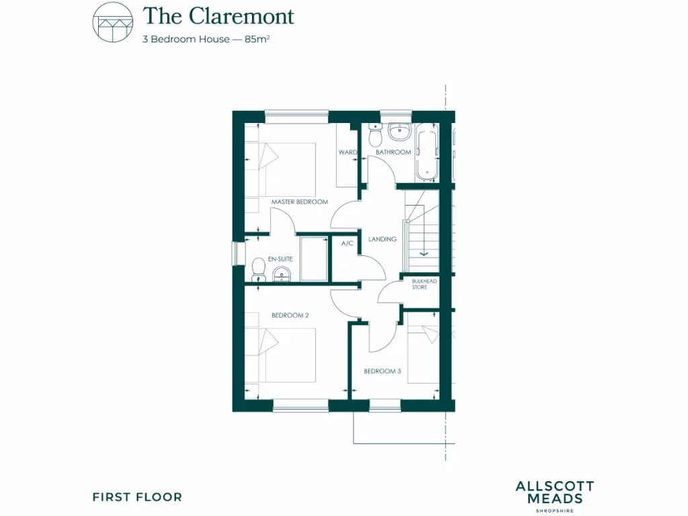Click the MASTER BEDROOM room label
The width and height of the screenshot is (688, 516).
[299, 202]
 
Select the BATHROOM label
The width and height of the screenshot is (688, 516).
[393, 153]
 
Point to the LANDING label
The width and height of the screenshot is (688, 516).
[382, 239]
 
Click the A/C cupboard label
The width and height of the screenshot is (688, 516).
[347, 243]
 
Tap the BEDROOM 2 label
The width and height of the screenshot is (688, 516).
[290, 314]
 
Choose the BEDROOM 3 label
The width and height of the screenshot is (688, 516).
[382, 370]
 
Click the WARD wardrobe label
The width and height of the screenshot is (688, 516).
[347, 153]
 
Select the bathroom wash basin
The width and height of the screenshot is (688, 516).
[399, 131]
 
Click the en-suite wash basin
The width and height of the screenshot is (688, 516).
[282, 273]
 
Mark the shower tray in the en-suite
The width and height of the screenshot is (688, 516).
[314, 258]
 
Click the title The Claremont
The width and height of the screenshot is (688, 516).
[218, 15]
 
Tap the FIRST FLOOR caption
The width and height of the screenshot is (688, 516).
[137, 497]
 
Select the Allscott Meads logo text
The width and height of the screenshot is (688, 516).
[554, 493]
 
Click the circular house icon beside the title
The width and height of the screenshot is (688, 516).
[112, 23]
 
